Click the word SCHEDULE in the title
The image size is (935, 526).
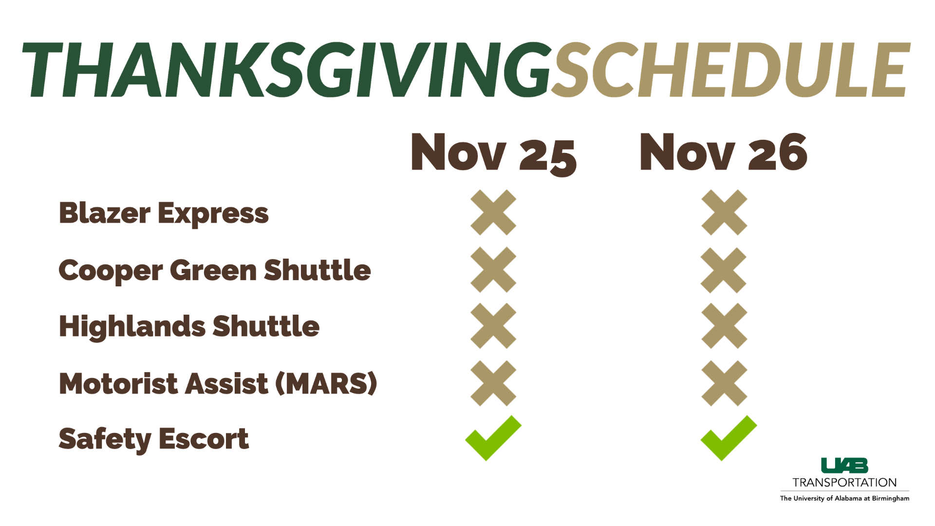point(730,70)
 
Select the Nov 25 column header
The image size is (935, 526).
point(494,153)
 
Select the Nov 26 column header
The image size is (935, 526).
point(724,152)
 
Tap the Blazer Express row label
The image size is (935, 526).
point(164,214)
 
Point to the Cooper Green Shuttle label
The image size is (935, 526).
point(215,270)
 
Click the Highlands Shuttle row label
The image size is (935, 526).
point(189,326)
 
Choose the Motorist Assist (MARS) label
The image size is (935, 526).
point(218,383)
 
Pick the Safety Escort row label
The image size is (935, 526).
point(154,439)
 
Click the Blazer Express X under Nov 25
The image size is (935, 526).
point(493,212)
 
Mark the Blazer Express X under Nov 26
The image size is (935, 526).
point(724,212)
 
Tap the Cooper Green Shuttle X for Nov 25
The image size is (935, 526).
point(493,269)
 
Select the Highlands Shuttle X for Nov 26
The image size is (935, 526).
point(724,326)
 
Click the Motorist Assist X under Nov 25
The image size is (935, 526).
point(493,383)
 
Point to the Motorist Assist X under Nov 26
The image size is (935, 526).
point(724,383)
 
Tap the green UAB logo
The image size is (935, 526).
point(844,466)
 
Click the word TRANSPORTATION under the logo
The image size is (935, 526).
point(844,483)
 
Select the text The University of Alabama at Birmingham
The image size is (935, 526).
point(844,498)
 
